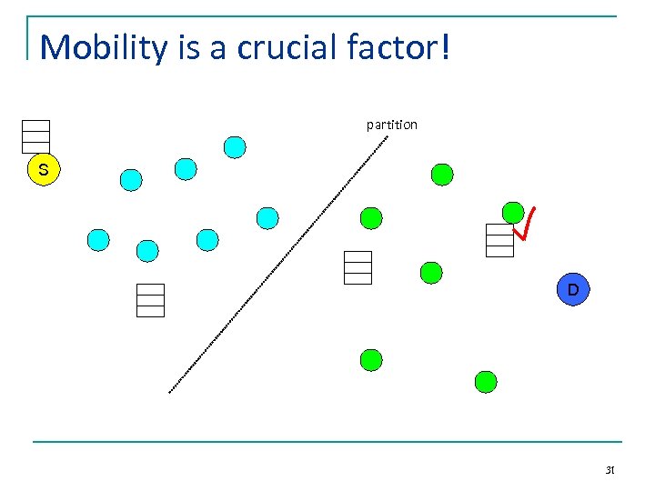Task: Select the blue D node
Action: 573,290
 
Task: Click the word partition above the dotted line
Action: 392,125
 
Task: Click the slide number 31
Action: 610,470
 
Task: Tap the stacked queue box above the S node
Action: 35,136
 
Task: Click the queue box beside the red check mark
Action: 499,240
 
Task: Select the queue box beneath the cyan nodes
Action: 150,300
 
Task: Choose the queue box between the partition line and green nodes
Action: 358,267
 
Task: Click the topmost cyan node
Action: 235,146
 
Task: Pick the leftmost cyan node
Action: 98,240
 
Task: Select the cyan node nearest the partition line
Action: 267,218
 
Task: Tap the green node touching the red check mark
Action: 513,213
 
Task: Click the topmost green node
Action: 442,174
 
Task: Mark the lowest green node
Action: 487,382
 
